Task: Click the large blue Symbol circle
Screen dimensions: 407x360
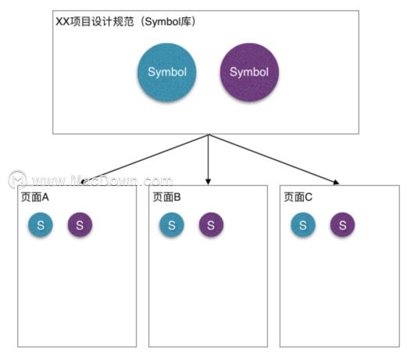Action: (x=166, y=72)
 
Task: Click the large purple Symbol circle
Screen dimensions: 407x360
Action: (x=249, y=72)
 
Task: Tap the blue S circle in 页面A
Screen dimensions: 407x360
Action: (x=41, y=225)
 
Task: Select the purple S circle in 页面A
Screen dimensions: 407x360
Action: (x=80, y=225)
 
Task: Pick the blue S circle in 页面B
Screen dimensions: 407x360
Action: (x=172, y=225)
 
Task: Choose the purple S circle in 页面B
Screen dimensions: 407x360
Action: (x=211, y=225)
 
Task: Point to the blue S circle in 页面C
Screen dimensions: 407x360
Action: (x=303, y=225)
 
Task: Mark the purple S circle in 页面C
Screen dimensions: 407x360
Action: (x=342, y=225)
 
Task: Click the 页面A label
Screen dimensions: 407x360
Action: (x=35, y=197)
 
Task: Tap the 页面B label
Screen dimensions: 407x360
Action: (x=166, y=197)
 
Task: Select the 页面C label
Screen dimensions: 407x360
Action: (x=298, y=197)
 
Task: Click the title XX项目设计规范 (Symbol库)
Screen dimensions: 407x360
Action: (x=126, y=21)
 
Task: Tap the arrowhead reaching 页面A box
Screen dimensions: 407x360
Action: (x=83, y=182)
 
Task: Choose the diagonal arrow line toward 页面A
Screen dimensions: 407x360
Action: (x=145, y=158)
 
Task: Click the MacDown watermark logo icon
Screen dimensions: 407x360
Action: (x=17, y=180)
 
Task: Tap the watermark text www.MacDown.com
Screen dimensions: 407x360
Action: (x=102, y=180)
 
